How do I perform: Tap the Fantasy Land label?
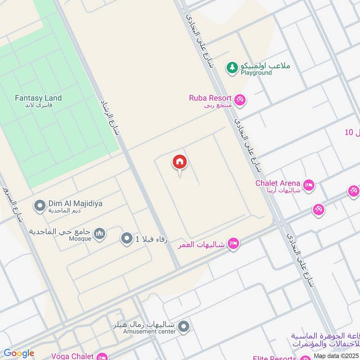point(38,98)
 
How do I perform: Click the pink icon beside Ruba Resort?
point(240,99)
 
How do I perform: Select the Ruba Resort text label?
point(210,98)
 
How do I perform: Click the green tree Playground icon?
point(232,67)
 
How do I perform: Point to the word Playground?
point(256,73)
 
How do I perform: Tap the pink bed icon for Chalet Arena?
point(309,184)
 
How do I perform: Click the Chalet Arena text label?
point(278,183)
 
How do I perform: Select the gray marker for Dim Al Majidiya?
point(40,206)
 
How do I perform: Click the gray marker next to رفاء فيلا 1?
point(127,239)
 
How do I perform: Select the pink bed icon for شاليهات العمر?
point(233,243)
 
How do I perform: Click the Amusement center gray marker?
point(183,327)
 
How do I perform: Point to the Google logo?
point(19,353)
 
